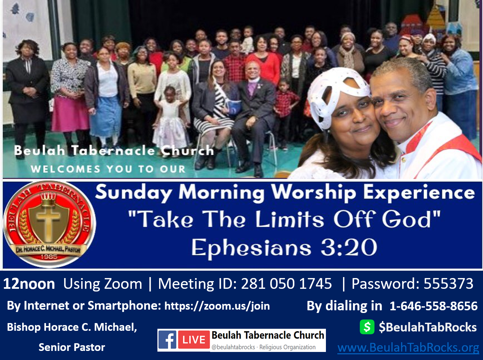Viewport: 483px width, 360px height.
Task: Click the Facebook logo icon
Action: [167, 340]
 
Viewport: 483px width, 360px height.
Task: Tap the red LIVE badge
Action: [194, 340]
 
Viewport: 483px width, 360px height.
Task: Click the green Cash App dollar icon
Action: [367, 327]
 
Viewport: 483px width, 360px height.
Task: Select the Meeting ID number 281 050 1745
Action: [286, 283]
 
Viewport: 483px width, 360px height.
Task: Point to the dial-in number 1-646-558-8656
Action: [433, 306]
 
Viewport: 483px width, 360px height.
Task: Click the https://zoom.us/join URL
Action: [217, 306]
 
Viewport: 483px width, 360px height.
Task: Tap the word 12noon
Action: [29, 284]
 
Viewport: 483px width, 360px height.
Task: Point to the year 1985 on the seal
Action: [49, 257]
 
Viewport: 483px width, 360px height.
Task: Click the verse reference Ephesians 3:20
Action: [284, 248]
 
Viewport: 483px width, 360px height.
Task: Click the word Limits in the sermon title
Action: [289, 219]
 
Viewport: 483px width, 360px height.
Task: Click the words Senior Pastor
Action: [72, 347]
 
